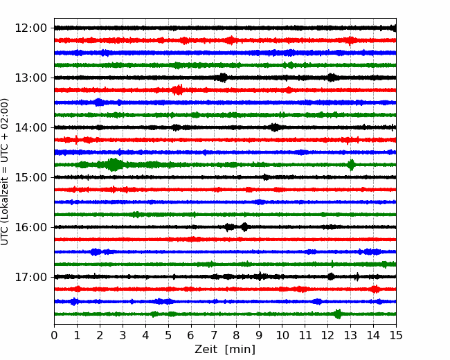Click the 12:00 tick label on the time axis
tap(30, 28)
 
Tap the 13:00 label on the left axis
tap(30, 78)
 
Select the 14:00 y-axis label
tap(30, 127)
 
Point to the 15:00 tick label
tap(30, 177)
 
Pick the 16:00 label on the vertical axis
tap(30, 227)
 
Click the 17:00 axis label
tap(30, 277)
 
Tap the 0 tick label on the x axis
tap(54, 335)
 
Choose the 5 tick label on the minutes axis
tap(168, 335)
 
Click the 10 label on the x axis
tap(282, 335)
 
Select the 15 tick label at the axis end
tap(396, 335)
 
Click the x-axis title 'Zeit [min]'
tap(225, 350)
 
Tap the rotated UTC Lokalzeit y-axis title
tap(5, 172)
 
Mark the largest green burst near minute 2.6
tap(114, 165)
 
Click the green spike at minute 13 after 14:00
tap(351, 165)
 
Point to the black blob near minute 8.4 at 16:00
tap(244, 227)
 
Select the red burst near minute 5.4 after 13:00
tap(178, 90)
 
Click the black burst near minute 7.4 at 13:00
tap(222, 78)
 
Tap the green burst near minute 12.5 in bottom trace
tap(338, 314)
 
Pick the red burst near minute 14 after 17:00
tap(375, 289)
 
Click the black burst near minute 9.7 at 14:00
tap(276, 127)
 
